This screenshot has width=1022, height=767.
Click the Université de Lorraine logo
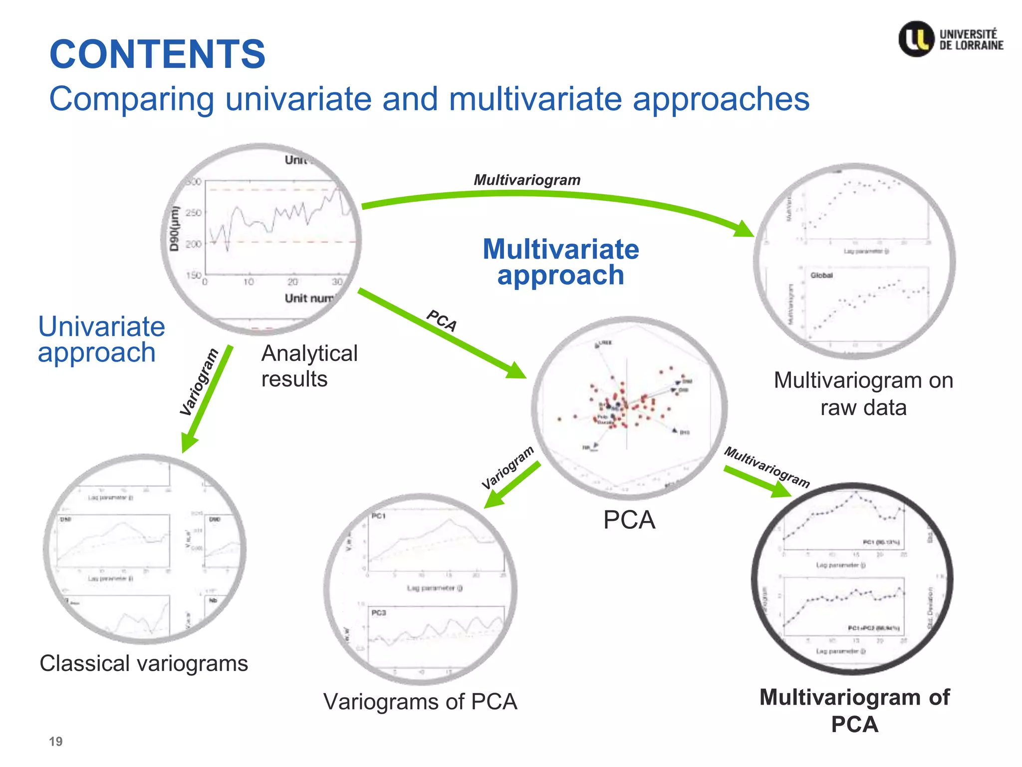coord(950,39)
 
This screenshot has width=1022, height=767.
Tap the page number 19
coord(55,742)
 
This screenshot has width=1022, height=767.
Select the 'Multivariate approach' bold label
coord(560,262)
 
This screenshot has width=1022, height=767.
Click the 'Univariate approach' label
coord(101,340)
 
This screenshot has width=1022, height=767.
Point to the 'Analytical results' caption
coord(309,366)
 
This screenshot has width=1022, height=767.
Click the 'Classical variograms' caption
coord(144,664)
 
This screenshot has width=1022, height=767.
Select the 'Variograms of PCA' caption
coord(420,702)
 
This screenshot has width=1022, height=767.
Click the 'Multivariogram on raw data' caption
coord(863,393)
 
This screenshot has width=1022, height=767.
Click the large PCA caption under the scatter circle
coord(629,520)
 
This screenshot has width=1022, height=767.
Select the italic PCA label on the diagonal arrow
coord(442,321)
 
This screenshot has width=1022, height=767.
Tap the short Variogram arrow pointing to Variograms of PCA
coord(511,485)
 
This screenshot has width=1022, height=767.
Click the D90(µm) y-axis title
coord(174,228)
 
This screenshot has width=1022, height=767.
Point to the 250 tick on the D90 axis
coord(193,213)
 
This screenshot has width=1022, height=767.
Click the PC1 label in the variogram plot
coord(379,516)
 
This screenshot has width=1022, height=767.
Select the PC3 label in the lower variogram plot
coord(379,612)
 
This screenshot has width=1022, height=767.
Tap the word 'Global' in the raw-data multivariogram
coord(821,275)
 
